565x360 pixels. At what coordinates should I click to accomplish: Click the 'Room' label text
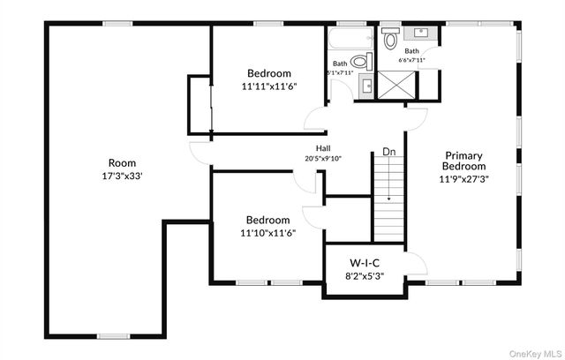click(122, 162)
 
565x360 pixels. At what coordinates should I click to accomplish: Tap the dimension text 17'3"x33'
click(122, 175)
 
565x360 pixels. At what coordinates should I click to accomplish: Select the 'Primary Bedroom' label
click(464, 160)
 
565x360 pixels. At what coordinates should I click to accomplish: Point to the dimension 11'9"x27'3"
click(464, 177)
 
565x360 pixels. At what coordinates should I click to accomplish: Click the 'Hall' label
click(323, 148)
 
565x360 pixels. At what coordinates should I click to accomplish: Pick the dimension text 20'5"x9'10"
click(323, 159)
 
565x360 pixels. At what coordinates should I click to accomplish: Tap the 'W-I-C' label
click(364, 262)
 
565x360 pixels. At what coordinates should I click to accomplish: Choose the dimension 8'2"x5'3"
click(364, 275)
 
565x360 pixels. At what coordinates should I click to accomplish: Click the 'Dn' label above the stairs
click(388, 153)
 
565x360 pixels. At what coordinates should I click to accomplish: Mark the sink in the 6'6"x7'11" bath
click(422, 34)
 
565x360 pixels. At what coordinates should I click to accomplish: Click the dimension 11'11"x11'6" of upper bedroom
click(268, 86)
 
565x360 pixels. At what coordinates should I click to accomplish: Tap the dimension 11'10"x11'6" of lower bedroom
click(268, 233)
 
